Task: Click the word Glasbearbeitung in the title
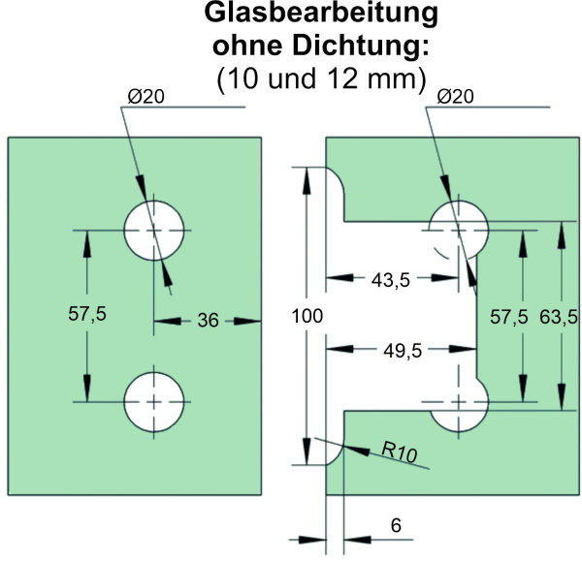[x=321, y=14]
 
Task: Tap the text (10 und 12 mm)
[x=321, y=78]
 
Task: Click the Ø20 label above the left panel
[x=145, y=97]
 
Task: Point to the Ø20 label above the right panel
[x=456, y=97]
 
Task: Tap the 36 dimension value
[x=208, y=321]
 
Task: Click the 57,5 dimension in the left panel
[x=87, y=314]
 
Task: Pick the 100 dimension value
[x=307, y=316]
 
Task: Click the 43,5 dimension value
[x=391, y=280]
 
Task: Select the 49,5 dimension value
[x=403, y=351]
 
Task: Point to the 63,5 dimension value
[x=559, y=317]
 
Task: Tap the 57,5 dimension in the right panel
[x=509, y=317]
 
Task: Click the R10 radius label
[x=400, y=452]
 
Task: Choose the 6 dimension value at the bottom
[x=396, y=525]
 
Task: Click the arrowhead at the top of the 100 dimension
[x=307, y=180]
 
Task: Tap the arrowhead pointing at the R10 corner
[x=357, y=450]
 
